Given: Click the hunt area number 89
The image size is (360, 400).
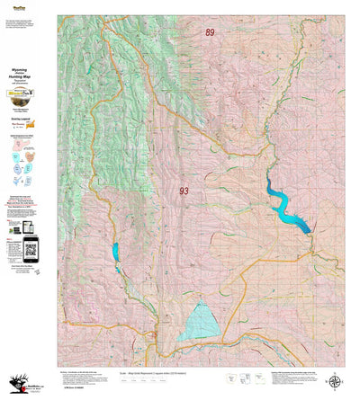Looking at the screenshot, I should [210, 32].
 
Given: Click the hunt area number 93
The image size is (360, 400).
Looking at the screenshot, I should [184, 191].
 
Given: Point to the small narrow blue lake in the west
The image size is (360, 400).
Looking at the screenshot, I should [116, 257].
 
